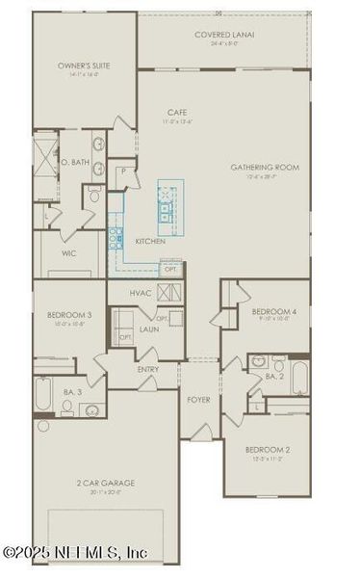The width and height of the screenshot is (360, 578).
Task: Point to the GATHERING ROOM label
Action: [x=265, y=168]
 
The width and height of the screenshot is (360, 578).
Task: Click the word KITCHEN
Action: [x=149, y=240]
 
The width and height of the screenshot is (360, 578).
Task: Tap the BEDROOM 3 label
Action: [x=69, y=315]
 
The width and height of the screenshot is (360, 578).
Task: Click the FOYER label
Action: [x=198, y=399]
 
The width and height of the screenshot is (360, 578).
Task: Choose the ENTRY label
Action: [x=148, y=368]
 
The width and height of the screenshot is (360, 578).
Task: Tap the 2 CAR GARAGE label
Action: [x=106, y=483]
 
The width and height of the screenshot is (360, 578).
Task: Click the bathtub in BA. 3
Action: [x=43, y=395]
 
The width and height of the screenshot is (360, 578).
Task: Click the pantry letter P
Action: [x=124, y=171]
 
